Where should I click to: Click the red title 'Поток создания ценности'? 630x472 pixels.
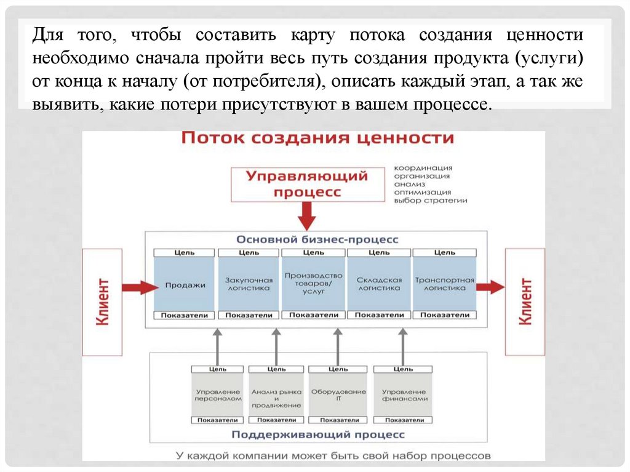(x=317, y=137)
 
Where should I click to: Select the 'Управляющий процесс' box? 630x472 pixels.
(x=307, y=184)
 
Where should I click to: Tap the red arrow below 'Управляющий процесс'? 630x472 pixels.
(x=307, y=216)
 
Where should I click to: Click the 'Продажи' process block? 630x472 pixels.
(x=185, y=284)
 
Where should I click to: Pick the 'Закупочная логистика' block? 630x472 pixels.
(x=248, y=284)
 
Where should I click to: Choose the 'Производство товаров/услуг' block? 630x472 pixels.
(x=314, y=284)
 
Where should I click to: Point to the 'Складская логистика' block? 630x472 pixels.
(x=379, y=284)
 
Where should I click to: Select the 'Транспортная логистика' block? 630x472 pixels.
(x=444, y=284)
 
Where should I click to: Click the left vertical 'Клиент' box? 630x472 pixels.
(x=102, y=302)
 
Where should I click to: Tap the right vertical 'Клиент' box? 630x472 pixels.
(x=525, y=302)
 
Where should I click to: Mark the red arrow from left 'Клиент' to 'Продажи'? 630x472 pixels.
(x=140, y=287)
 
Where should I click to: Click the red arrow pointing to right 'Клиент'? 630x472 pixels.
(x=491, y=287)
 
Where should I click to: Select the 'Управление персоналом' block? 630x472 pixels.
(x=218, y=395)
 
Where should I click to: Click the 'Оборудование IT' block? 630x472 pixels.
(x=338, y=395)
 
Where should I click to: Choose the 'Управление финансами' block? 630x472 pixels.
(x=404, y=395)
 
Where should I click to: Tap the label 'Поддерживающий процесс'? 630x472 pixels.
(x=317, y=434)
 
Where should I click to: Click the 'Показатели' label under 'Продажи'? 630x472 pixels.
(x=185, y=315)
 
